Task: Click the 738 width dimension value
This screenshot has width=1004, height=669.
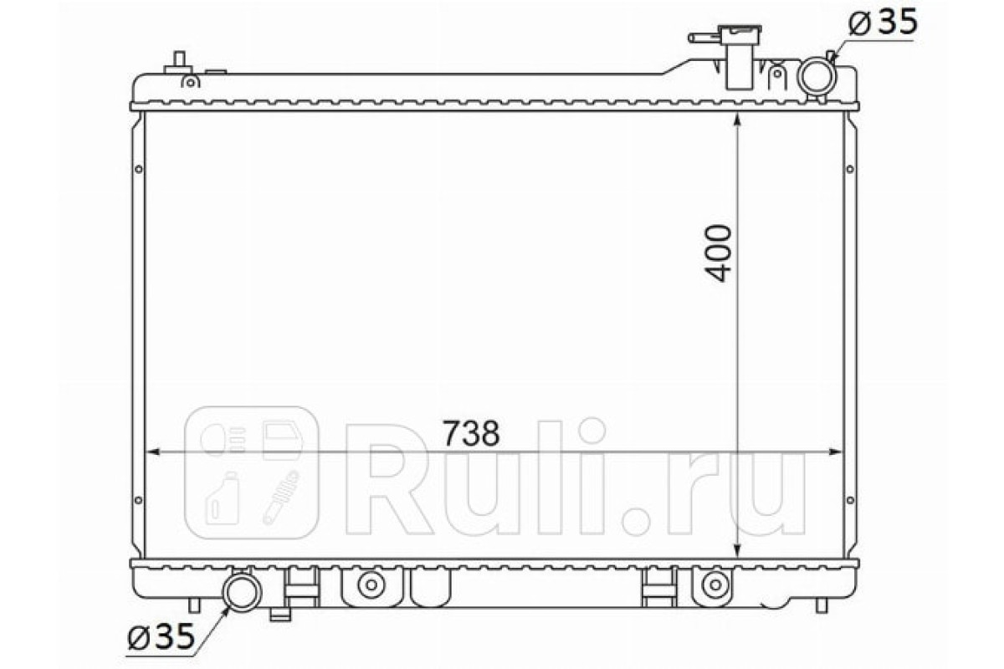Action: pyautogui.click(x=470, y=432)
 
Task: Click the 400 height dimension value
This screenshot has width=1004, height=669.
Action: pyautogui.click(x=718, y=253)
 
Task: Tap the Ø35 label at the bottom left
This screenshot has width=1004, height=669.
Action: pyautogui.click(x=161, y=636)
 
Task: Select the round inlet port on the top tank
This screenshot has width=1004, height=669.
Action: pyautogui.click(x=817, y=76)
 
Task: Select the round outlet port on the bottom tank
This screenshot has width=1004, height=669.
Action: pyautogui.click(x=242, y=592)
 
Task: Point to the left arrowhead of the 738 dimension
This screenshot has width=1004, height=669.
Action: pyautogui.click(x=153, y=452)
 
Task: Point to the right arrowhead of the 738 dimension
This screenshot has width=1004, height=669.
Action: pyautogui.click(x=835, y=452)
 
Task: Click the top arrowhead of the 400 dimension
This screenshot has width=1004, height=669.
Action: pyautogui.click(x=737, y=120)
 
